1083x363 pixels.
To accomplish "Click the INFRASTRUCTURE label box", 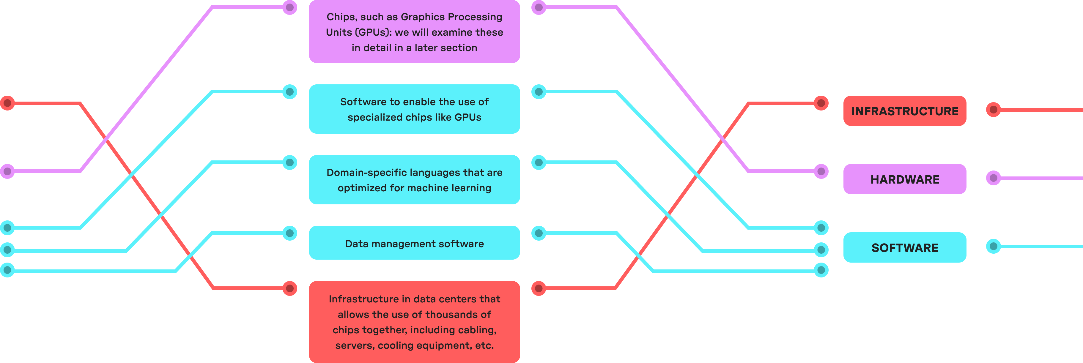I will pyautogui.click(x=904, y=111).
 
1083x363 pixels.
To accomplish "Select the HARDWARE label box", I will pyautogui.click(x=904, y=179).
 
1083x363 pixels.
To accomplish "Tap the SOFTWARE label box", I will pyautogui.click(x=904, y=247).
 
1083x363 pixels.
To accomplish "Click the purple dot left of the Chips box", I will pyautogui.click(x=290, y=7).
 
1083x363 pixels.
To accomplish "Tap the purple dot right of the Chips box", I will pyautogui.click(x=539, y=7).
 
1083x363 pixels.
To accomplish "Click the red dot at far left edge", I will pyautogui.click(x=7, y=103).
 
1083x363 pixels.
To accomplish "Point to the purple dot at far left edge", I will pyautogui.click(x=7, y=171).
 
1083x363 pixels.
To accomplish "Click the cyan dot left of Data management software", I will pyautogui.click(x=290, y=233).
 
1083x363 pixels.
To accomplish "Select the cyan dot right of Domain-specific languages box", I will pyautogui.click(x=539, y=162).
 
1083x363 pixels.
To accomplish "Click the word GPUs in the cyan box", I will pyautogui.click(x=467, y=117).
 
